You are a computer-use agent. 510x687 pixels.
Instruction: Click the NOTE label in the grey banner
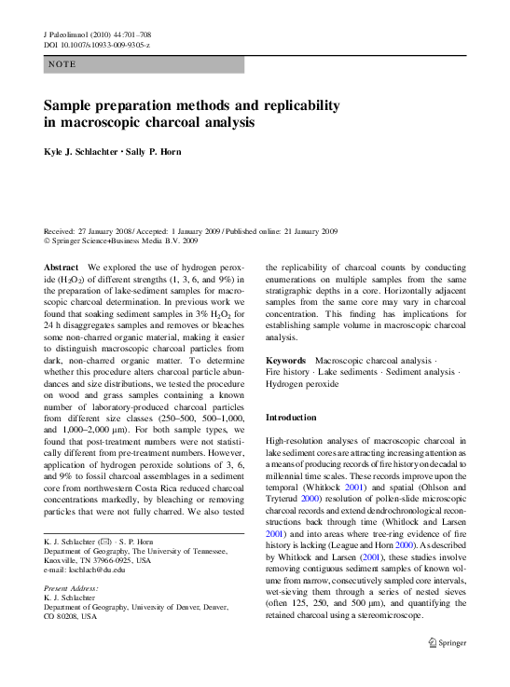pos(63,64)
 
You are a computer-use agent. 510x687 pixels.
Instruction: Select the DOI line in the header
pos(97,45)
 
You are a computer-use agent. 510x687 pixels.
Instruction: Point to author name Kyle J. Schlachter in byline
pos(81,152)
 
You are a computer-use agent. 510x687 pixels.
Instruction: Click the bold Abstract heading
pos(62,267)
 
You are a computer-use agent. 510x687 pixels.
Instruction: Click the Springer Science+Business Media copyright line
pos(121,240)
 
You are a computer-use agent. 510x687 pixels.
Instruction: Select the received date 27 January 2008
pos(101,231)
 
